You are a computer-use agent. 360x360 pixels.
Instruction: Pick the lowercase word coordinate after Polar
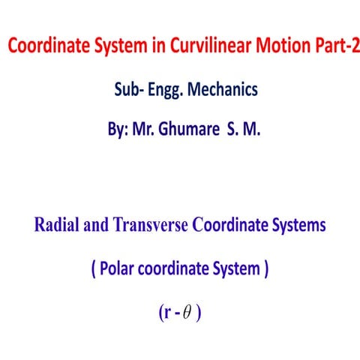click(x=175, y=269)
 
